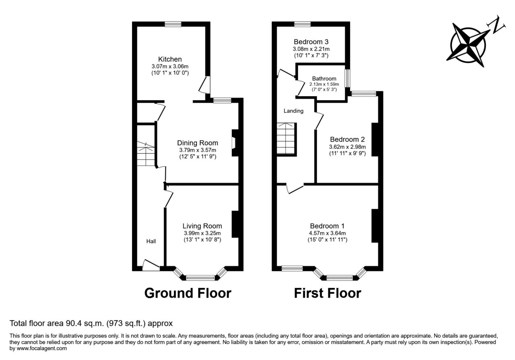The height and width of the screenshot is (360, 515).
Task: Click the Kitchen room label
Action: coord(170,59)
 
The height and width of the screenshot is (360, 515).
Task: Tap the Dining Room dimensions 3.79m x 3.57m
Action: coord(198,150)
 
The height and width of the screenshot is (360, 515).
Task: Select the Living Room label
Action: coord(202,226)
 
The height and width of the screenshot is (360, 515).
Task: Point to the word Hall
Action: coord(151,241)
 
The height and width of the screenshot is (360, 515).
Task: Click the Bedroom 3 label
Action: coord(311,41)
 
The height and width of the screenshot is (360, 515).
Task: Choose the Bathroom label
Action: coord(324,78)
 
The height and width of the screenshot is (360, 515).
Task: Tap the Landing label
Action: coord(293,111)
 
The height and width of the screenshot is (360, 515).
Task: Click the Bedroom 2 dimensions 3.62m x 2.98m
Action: coord(347,147)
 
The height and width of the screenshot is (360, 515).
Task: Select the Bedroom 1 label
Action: coord(328,226)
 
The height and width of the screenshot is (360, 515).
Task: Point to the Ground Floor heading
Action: coord(188,293)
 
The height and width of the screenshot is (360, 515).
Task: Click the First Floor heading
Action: coord(328,293)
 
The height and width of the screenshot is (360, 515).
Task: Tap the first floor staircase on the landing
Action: coord(286,138)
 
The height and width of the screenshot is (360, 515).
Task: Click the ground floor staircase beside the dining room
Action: coord(146,154)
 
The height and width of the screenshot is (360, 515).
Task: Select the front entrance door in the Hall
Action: coord(151,265)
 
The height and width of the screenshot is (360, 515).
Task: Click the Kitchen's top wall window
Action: coord(173,24)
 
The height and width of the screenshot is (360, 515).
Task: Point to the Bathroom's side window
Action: coord(347,78)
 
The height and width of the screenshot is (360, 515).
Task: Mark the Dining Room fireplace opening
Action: coord(234,143)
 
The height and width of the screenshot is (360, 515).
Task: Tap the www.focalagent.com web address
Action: coord(41,348)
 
